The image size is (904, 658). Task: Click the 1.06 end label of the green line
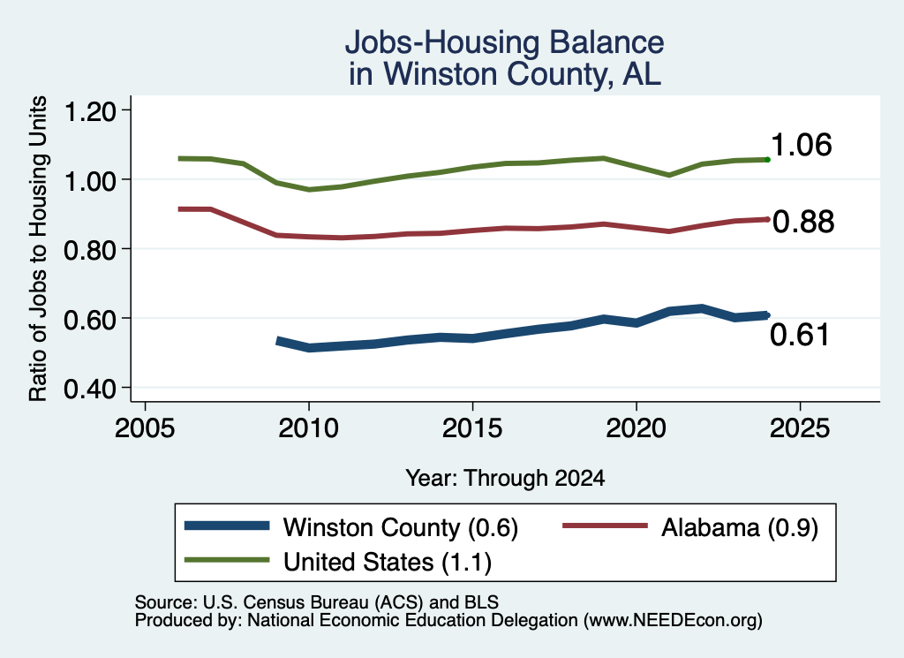coord(801,144)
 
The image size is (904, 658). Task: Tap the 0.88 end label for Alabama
coord(803,222)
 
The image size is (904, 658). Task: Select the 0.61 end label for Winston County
coord(800,335)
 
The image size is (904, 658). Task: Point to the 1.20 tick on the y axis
coord(90,110)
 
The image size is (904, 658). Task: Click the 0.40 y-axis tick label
coord(90,390)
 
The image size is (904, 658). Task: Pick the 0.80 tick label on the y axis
coord(90,250)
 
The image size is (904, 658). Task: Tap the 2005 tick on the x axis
coord(146,428)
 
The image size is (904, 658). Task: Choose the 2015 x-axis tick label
coord(472,428)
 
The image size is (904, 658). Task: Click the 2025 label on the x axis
coord(800,428)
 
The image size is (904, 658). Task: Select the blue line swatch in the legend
coord(227,526)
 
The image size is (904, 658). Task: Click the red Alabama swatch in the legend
coord(606,526)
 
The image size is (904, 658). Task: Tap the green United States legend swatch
coord(227,560)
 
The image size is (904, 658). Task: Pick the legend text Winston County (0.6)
coord(401,527)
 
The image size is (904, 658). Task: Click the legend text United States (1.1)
coord(388,563)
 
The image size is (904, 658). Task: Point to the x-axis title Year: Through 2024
coord(505,478)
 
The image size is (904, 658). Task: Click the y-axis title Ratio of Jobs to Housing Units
coord(38,248)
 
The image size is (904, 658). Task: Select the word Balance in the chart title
coord(606,42)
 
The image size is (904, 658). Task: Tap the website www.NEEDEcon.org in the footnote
coord(672,621)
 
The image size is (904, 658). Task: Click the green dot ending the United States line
coord(767,159)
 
